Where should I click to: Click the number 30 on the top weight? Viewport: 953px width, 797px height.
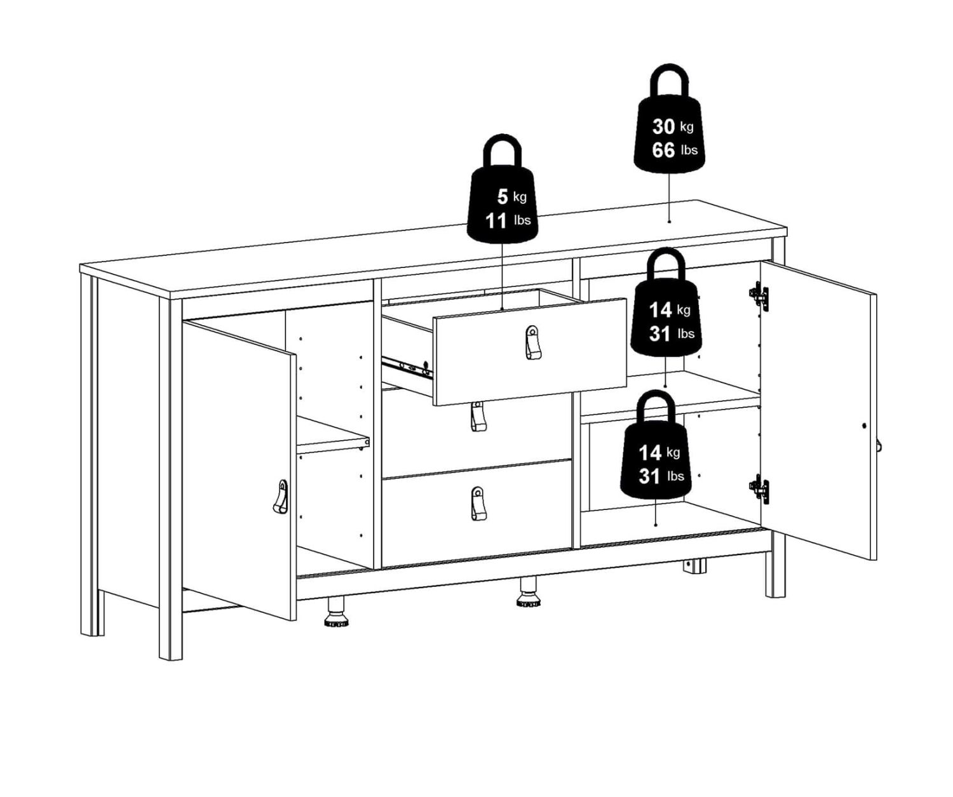pos(663,126)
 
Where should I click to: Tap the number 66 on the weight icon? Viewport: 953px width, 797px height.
pos(663,150)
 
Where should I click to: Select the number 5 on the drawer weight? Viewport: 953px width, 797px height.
pos(503,197)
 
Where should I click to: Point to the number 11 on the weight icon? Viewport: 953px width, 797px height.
pos(496,221)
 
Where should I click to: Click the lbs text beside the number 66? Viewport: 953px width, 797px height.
pos(689,150)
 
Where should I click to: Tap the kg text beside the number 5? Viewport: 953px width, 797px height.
pos(520,197)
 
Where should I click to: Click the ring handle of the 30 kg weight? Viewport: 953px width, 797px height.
pos(670,82)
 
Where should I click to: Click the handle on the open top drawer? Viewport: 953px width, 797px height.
pos(532,342)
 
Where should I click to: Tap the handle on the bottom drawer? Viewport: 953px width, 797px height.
pos(478,504)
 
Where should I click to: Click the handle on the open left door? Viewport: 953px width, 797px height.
pos(281,497)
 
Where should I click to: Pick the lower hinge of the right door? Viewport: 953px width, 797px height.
pos(759,490)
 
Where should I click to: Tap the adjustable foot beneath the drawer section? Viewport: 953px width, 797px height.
pos(529,593)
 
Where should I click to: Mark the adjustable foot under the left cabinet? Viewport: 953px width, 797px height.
pos(336,613)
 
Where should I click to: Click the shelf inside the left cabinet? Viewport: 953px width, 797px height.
pos(333,436)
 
